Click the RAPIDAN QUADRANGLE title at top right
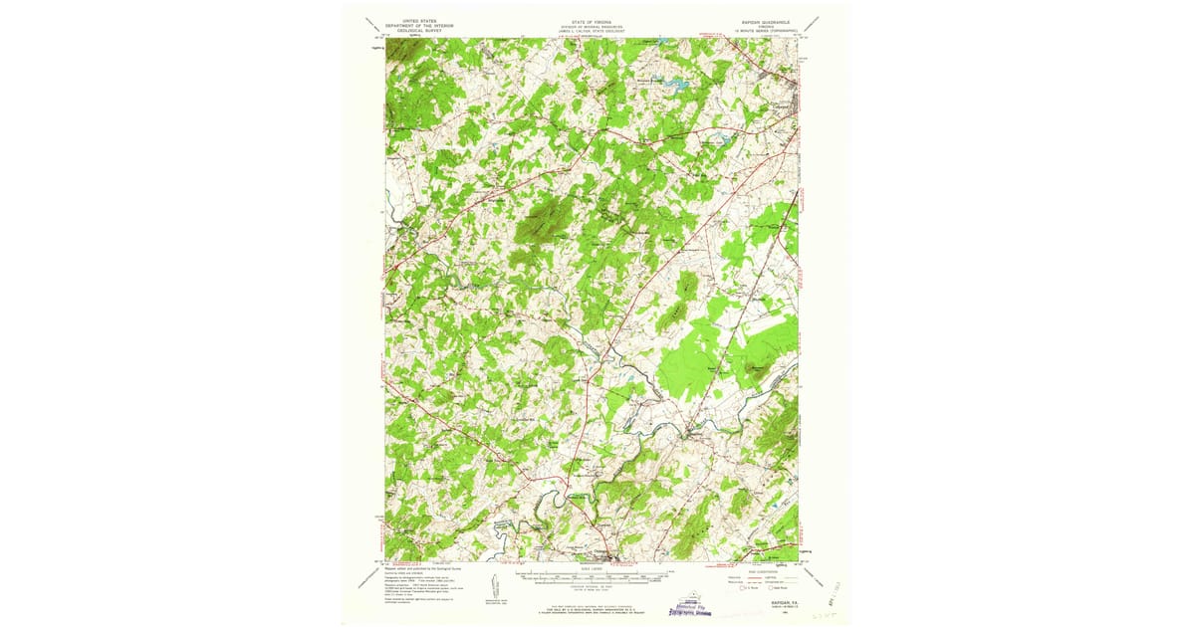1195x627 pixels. pyautogui.click(x=762, y=20)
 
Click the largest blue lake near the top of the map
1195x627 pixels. pyautogui.click(x=681, y=86)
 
